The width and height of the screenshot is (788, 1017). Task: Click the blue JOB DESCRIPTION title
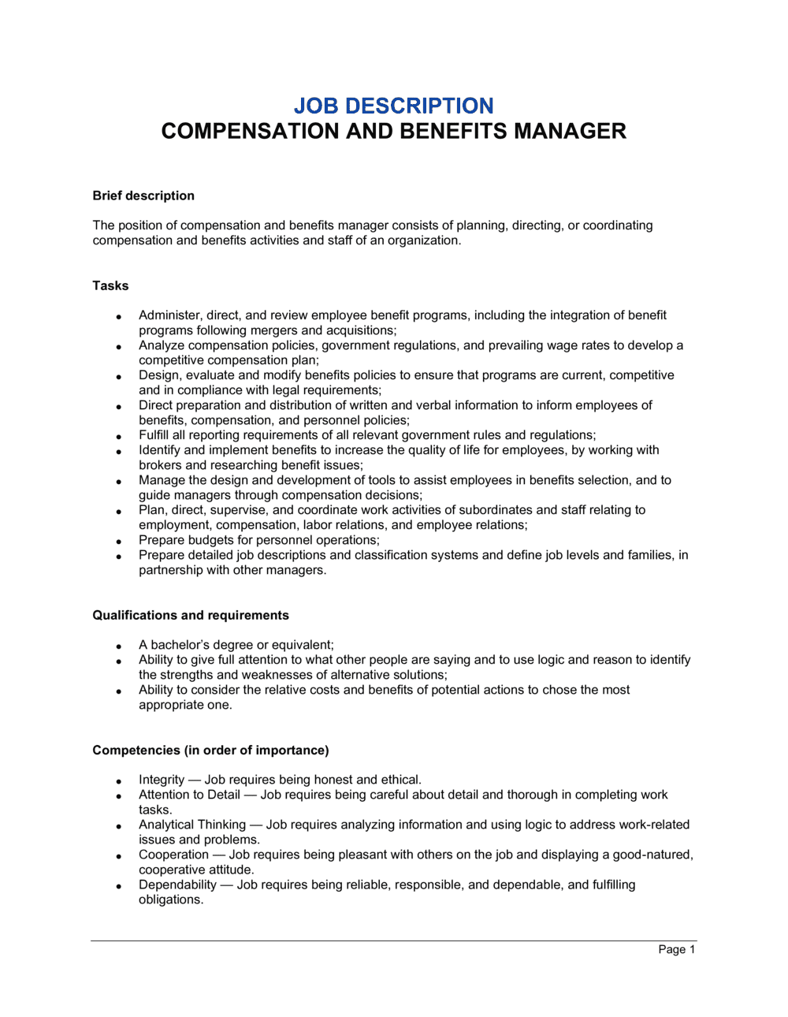pos(393,106)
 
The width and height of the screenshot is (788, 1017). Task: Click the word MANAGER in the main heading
pos(570,131)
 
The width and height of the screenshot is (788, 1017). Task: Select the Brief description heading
pos(143,196)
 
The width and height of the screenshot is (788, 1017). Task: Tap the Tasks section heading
pos(110,285)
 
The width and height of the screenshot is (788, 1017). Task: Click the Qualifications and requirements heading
pos(191,615)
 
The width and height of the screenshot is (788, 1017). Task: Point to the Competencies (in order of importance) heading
pos(210,750)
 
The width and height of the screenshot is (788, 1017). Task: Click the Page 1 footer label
pos(676,949)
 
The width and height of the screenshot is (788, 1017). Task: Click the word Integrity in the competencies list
pos(162,780)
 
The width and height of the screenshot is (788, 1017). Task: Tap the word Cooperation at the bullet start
pos(174,855)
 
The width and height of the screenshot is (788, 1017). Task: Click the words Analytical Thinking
pos(192,825)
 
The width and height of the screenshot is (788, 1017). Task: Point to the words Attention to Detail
pos(189,795)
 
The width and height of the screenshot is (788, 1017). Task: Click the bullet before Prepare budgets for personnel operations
pos(119,542)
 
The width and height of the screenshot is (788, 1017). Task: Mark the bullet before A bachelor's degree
pos(119,646)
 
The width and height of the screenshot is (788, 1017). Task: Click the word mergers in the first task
pos(274,330)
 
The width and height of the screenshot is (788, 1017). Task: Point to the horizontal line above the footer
pos(393,941)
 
